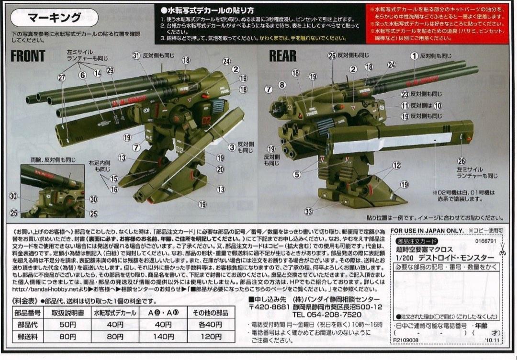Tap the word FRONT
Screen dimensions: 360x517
(28, 56)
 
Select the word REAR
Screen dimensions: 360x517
(282, 56)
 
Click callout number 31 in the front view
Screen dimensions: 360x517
(136, 56)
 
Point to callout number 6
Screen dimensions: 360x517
(82, 74)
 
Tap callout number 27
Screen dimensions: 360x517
(62, 79)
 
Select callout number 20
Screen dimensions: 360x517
(221, 169)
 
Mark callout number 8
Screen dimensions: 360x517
(281, 85)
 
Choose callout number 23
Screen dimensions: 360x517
(405, 94)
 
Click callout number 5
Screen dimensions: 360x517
(297, 175)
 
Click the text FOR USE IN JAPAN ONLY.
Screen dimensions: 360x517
(427, 230)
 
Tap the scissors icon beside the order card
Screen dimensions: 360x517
(502, 250)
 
